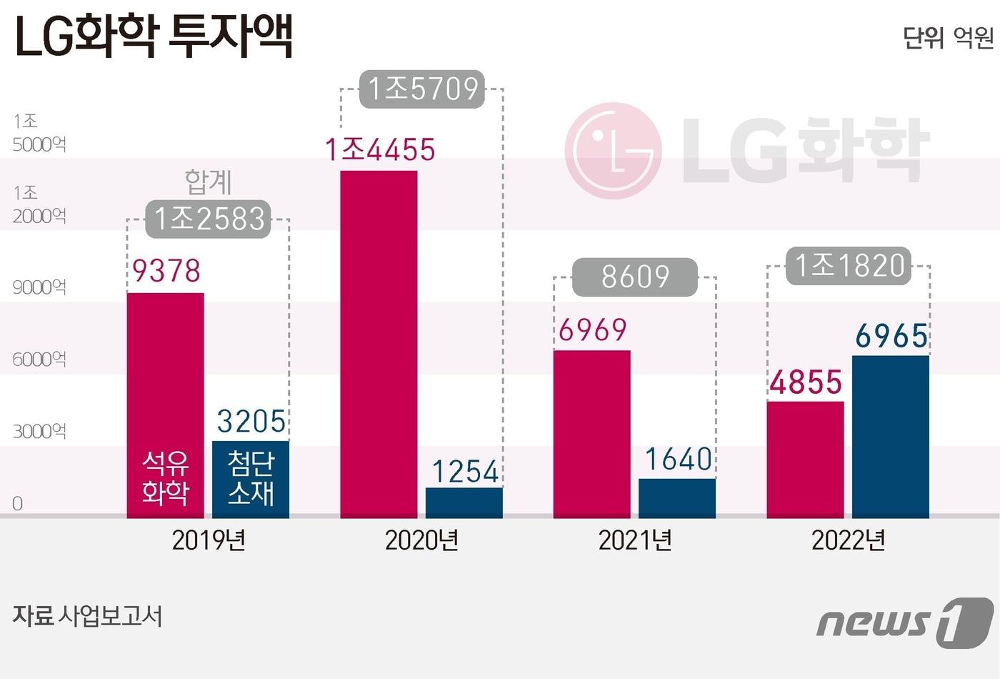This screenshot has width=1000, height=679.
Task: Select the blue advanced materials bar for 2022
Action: pos(890,436)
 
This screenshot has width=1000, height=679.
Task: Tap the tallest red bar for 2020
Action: pos(379,344)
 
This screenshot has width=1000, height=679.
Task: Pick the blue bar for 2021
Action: pos(676,498)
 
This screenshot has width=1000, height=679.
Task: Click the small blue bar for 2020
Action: pos(464,502)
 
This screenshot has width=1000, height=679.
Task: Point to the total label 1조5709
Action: pos(421,89)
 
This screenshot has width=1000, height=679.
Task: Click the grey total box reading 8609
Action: pos(634,277)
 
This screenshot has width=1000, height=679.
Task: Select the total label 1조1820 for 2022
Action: pos(849,266)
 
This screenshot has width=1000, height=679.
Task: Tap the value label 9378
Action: pos(166,271)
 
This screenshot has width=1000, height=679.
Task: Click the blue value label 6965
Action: pos(891,336)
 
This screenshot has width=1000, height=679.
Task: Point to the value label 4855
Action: pos(806,382)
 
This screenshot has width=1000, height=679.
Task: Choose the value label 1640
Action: pos(678,460)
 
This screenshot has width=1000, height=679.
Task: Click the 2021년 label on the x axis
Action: pos(634,540)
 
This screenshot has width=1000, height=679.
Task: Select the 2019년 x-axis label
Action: pos(209,540)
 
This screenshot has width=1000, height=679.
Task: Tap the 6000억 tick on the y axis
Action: pos(39,359)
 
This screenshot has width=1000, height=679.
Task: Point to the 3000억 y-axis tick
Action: pos(39,431)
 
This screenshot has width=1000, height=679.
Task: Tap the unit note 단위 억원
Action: pos(947,37)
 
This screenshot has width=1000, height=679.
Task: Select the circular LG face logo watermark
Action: pos(613,151)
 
